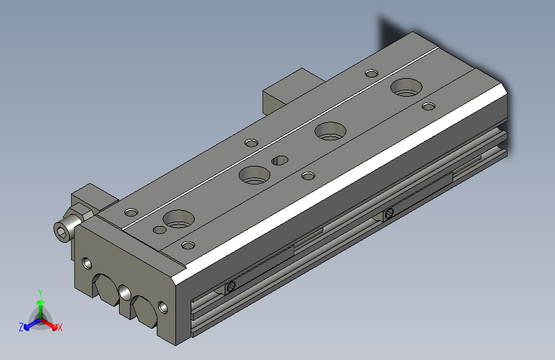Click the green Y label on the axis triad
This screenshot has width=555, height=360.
coord(40,293)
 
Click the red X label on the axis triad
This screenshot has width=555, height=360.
coord(60,327)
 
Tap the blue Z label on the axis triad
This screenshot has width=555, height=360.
coord(21,327)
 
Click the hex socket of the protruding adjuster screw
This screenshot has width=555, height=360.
coord(61,233)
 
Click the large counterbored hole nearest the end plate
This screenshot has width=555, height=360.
coord(179,218)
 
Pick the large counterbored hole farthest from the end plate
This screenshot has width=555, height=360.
coord(406,87)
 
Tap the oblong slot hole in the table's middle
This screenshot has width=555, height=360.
coord(280,160)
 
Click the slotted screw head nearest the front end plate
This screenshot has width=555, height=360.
coord(232,286)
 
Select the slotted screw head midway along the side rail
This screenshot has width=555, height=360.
coord(389,213)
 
